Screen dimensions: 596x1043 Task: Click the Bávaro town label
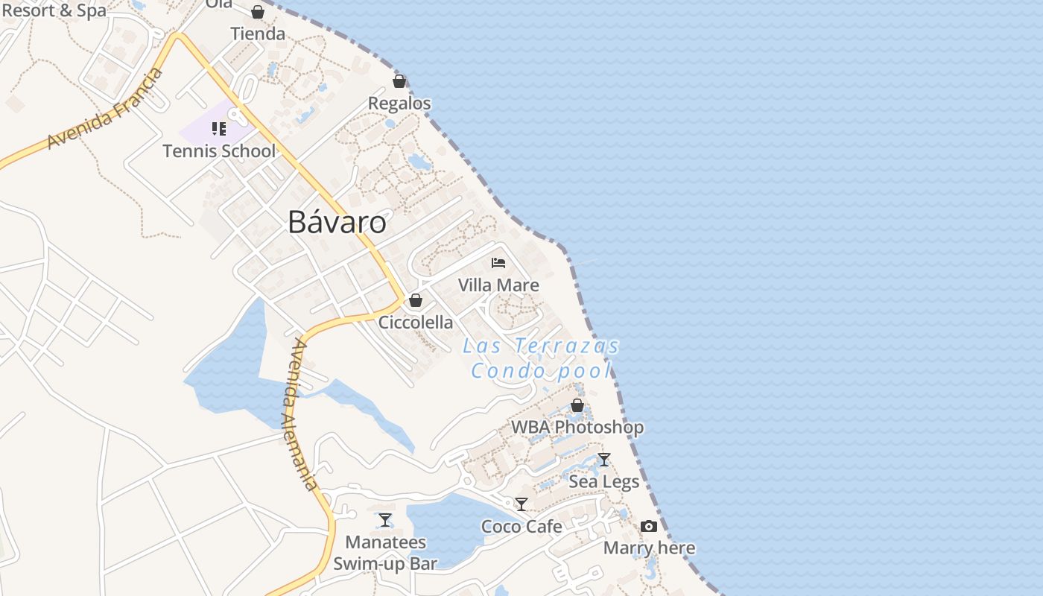click(x=337, y=223)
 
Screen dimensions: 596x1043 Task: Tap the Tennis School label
click(x=219, y=151)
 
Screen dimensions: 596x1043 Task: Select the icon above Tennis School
click(x=219, y=129)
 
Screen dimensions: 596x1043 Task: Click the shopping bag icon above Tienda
click(x=258, y=12)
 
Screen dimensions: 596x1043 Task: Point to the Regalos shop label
click(x=399, y=103)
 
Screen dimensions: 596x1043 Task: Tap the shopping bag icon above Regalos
click(x=399, y=80)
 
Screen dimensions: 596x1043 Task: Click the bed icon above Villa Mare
click(x=498, y=262)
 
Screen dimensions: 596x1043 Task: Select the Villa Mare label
click(x=498, y=285)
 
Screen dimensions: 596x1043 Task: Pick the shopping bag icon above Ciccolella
click(x=416, y=300)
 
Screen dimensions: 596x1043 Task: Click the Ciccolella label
click(x=416, y=322)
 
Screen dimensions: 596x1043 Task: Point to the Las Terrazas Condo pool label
click(x=541, y=358)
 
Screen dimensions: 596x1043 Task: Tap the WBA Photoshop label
click(x=577, y=428)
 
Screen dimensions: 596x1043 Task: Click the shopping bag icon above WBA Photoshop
click(x=577, y=405)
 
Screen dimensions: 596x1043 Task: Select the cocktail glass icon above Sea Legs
click(x=604, y=459)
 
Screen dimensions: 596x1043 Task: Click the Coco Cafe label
click(x=521, y=526)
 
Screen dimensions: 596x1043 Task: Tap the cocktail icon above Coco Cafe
click(x=521, y=504)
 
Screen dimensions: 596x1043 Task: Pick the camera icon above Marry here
click(x=649, y=526)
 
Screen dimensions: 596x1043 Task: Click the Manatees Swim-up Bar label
click(x=385, y=553)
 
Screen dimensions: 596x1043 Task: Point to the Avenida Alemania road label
click(x=300, y=414)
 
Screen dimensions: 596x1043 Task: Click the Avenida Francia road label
click(x=105, y=109)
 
